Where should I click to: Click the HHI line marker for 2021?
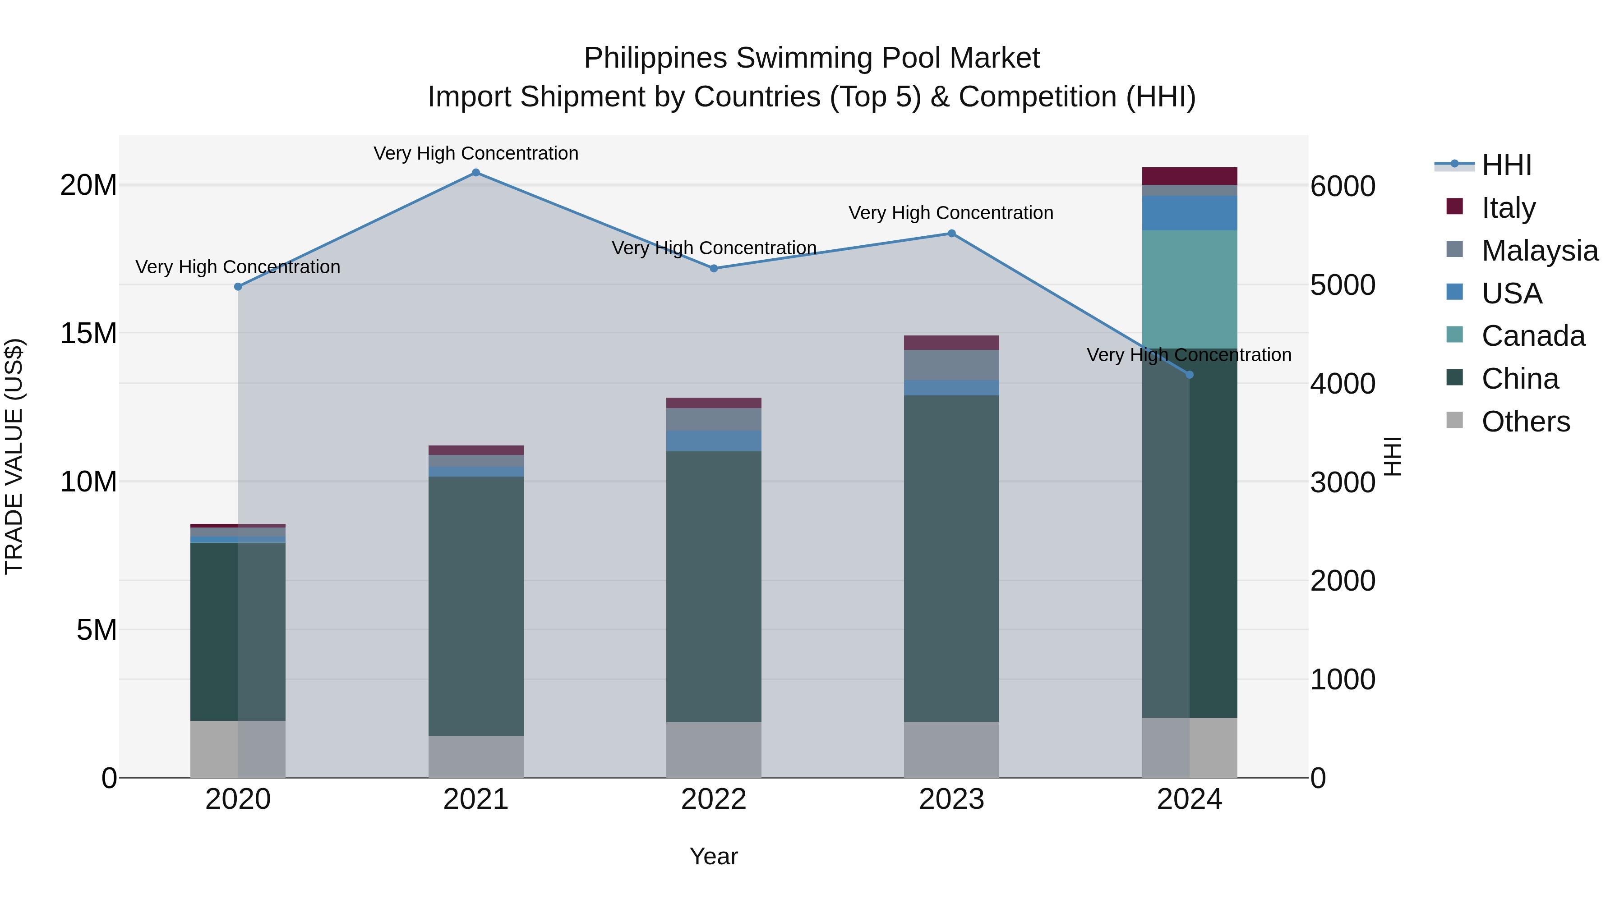click(476, 173)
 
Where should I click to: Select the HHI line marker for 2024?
click(1190, 375)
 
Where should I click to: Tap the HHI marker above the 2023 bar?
click(952, 234)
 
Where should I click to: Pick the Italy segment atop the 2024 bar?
click(1190, 176)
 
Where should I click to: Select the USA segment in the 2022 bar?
click(714, 441)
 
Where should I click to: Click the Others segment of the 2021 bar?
click(476, 756)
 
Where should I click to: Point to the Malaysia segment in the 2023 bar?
click(952, 365)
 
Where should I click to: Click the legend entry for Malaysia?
click(1539, 251)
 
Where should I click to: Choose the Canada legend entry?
click(1532, 336)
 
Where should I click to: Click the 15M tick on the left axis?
click(88, 333)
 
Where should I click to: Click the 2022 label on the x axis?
click(714, 799)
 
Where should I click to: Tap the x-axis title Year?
click(714, 856)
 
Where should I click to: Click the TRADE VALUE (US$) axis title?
click(14, 456)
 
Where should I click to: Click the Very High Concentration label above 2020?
click(238, 267)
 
